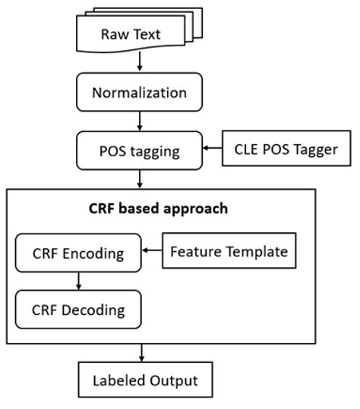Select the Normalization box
pos(139,93)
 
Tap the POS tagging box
pos(139,150)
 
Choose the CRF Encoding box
pos(79,253)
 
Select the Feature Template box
pos(229,251)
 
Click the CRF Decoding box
pos(79,310)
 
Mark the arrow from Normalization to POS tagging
pos(140,121)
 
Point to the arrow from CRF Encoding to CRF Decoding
pos(78,281)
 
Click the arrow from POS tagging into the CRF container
pos(140,179)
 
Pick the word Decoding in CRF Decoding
pos(93,310)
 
